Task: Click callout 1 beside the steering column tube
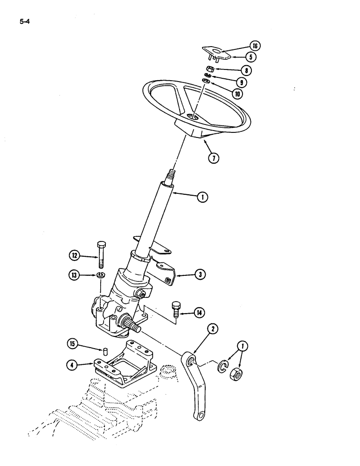pyautogui.click(x=202, y=198)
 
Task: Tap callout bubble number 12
pyautogui.click(x=75, y=255)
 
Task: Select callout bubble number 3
pyautogui.click(x=200, y=274)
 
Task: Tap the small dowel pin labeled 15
pyautogui.click(x=105, y=350)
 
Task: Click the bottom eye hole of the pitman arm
pyautogui.click(x=201, y=415)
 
